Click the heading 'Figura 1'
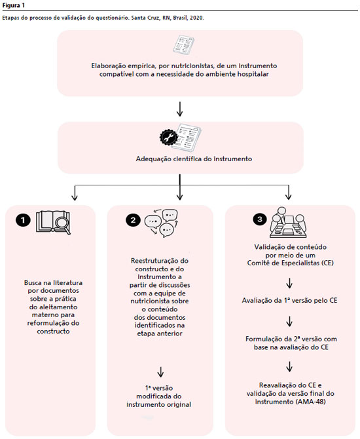point(14,5)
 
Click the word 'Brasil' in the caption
point(180,18)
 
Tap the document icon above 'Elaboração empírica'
point(183,45)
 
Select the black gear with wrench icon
point(169,138)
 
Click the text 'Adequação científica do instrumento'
point(194,159)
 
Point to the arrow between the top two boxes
point(179,109)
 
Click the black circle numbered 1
point(23,220)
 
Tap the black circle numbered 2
point(133,220)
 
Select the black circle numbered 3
point(260,219)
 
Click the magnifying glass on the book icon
point(63,224)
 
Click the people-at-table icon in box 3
point(288,223)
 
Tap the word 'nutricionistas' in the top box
point(192,66)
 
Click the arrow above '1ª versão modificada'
point(160,372)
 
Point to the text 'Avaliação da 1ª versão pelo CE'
point(289,300)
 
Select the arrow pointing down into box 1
point(75,193)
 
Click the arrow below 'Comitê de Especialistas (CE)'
point(289,283)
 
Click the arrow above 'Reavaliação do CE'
point(289,366)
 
